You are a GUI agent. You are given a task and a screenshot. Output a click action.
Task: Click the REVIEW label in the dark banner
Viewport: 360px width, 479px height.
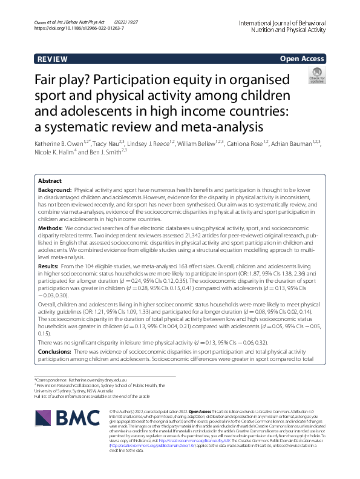[53, 59]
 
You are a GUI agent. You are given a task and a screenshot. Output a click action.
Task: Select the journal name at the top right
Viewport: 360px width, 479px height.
[292, 25]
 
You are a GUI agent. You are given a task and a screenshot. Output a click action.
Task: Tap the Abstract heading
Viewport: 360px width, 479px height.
[50, 181]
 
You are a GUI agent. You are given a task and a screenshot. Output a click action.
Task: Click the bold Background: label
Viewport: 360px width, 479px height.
[55, 190]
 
